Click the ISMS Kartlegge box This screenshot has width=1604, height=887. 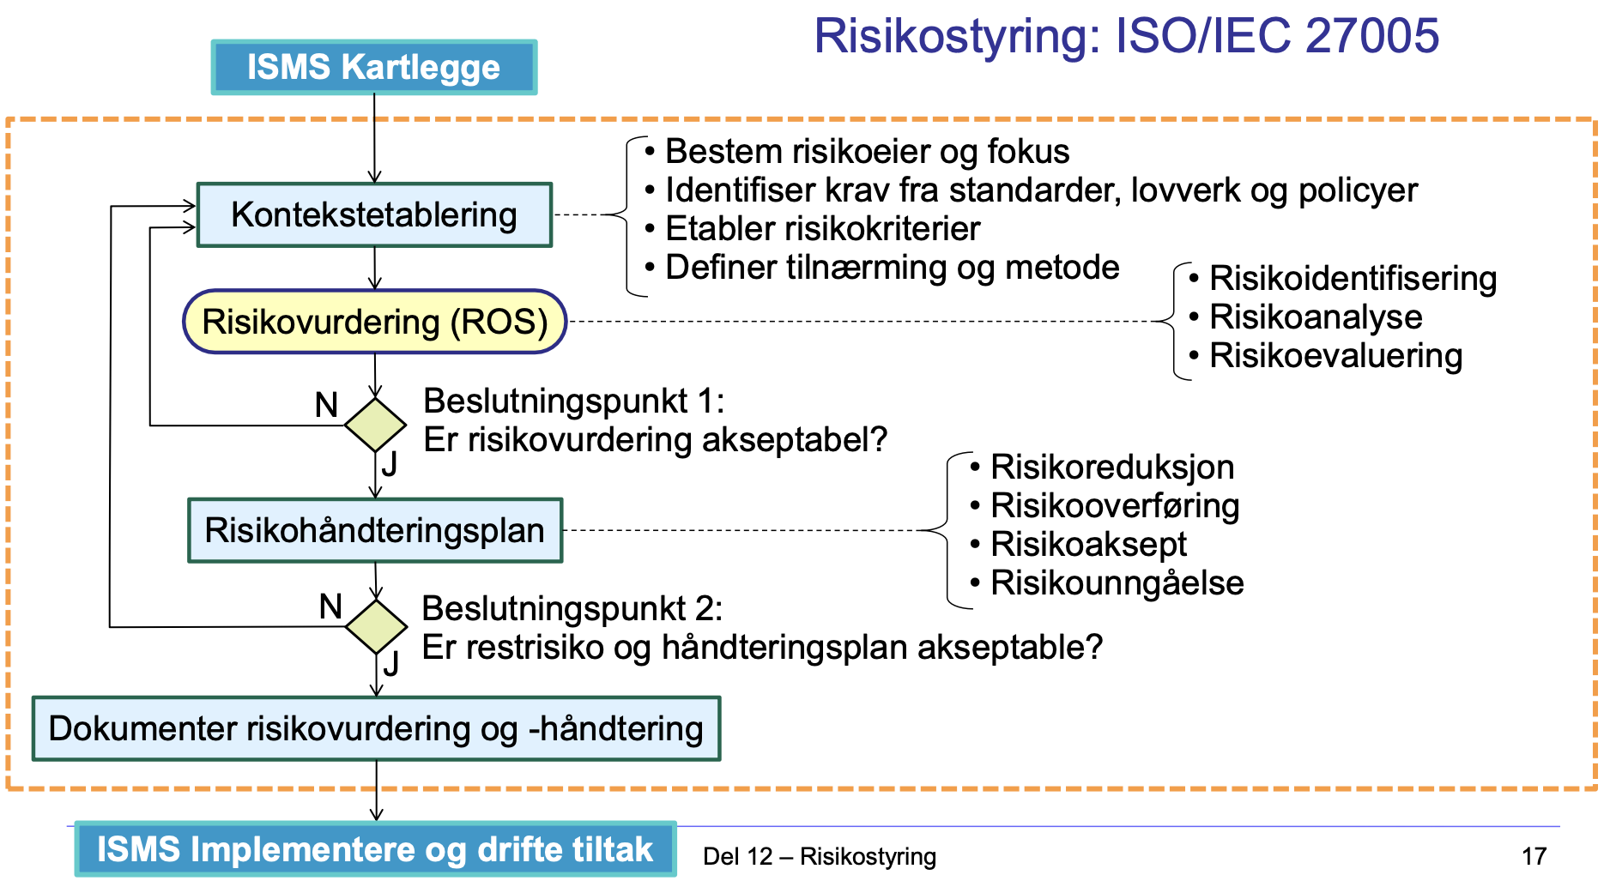coord(373,67)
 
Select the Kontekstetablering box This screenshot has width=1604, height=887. coord(374,215)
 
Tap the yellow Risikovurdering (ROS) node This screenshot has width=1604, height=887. coord(374,322)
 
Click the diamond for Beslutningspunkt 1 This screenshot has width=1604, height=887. coord(375,425)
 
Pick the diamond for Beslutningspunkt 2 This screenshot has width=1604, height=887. coord(376,626)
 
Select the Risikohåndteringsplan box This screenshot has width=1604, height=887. coord(375,530)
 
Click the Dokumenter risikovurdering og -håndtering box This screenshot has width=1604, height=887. coord(376,728)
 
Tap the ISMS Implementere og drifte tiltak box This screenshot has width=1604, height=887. coord(375,849)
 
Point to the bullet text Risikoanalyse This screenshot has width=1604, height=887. coord(1315,317)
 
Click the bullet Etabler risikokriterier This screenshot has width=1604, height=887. coord(822,229)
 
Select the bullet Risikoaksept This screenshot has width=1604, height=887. coord(1088,545)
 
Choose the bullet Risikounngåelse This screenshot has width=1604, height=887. coord(1117,583)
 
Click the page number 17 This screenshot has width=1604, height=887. coord(1533,856)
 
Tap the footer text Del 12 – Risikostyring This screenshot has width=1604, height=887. coord(819,856)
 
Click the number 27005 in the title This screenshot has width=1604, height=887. coord(1371,36)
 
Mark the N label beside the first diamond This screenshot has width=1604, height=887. coord(326,405)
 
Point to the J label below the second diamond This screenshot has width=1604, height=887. coord(391,663)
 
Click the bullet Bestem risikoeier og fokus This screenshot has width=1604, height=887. coord(867,152)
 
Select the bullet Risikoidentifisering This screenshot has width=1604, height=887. coord(1353,279)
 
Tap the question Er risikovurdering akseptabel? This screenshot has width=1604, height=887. coord(655,440)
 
